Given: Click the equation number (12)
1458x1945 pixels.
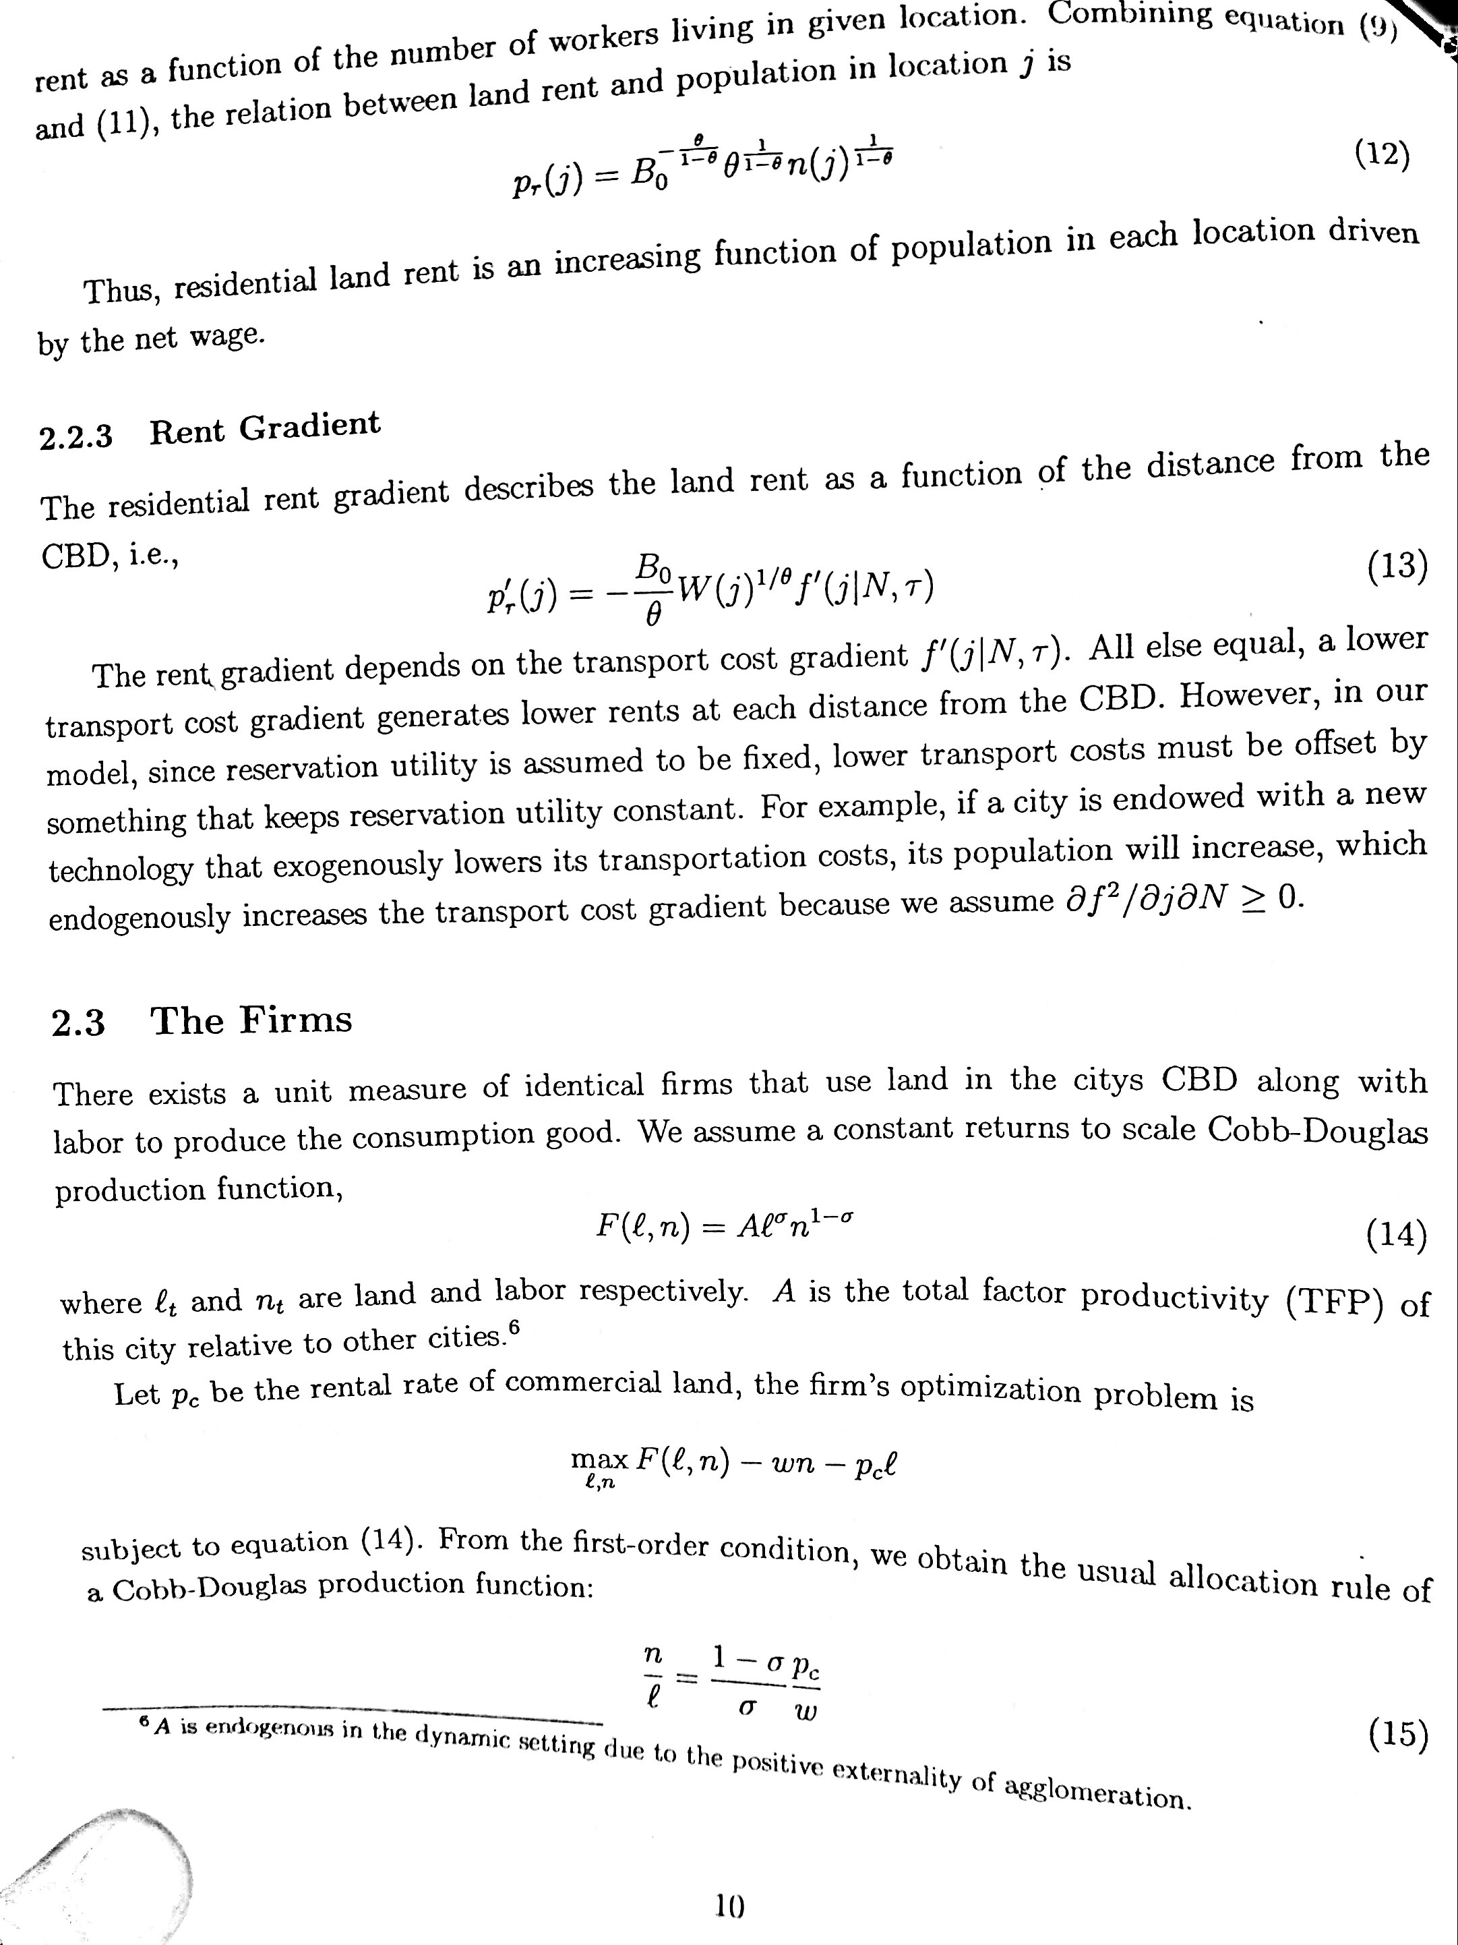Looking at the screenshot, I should click(1382, 154).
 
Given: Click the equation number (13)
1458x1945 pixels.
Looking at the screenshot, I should click(1397, 567).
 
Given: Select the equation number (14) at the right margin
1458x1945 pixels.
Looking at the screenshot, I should click(1395, 1236).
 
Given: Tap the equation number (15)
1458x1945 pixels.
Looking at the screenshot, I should click(1397, 1734).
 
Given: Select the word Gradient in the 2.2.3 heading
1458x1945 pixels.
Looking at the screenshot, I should click(309, 426).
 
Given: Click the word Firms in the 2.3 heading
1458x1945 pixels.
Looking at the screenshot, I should click(295, 1020).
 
